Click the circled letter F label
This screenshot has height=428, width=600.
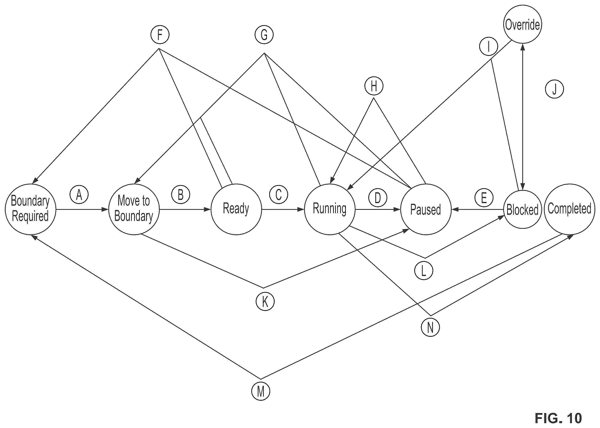click(160, 35)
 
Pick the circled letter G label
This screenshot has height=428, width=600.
click(264, 35)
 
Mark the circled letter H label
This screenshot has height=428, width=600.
click(374, 86)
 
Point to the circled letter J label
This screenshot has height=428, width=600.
click(554, 89)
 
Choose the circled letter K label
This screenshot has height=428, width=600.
click(265, 302)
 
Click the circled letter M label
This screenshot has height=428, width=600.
click(261, 391)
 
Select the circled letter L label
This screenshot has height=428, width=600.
click(424, 271)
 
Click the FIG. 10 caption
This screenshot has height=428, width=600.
click(558, 418)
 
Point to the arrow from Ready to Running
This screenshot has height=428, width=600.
click(283, 210)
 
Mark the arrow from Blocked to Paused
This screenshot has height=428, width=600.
click(478, 210)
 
